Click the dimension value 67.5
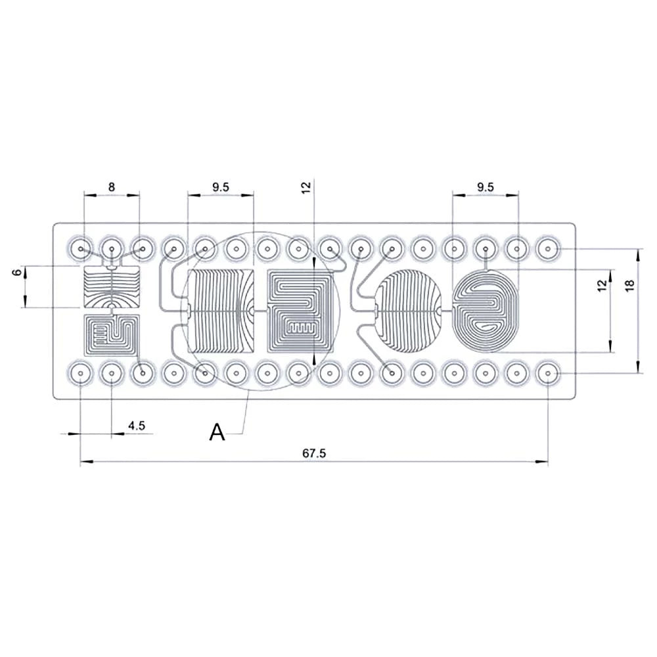(x=314, y=454)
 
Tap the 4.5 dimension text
(x=136, y=426)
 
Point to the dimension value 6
(x=16, y=273)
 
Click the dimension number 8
(x=112, y=187)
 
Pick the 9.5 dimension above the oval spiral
(x=485, y=187)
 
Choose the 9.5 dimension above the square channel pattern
(x=221, y=187)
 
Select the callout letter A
(x=217, y=432)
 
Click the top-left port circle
(x=80, y=250)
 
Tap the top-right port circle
(x=548, y=250)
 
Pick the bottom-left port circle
(x=80, y=374)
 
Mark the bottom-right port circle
(x=548, y=374)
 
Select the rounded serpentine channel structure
(x=407, y=310)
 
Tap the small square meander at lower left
(x=112, y=333)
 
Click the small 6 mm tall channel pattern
(x=112, y=287)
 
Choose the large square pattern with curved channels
(x=221, y=310)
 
